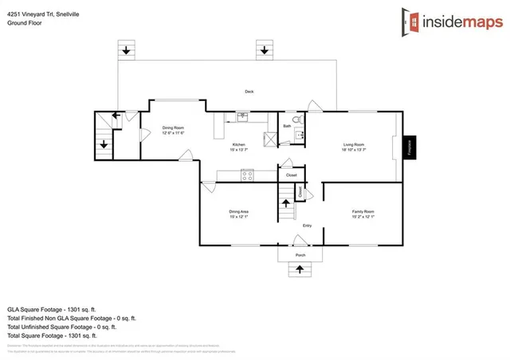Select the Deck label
click(x=249, y=92)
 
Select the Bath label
click(x=287, y=126)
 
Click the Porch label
click(x=300, y=255)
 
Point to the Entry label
click(x=306, y=226)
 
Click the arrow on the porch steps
click(x=300, y=270)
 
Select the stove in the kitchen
click(x=247, y=175)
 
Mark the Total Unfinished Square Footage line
click(x=62, y=327)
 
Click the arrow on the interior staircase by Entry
click(x=284, y=204)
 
